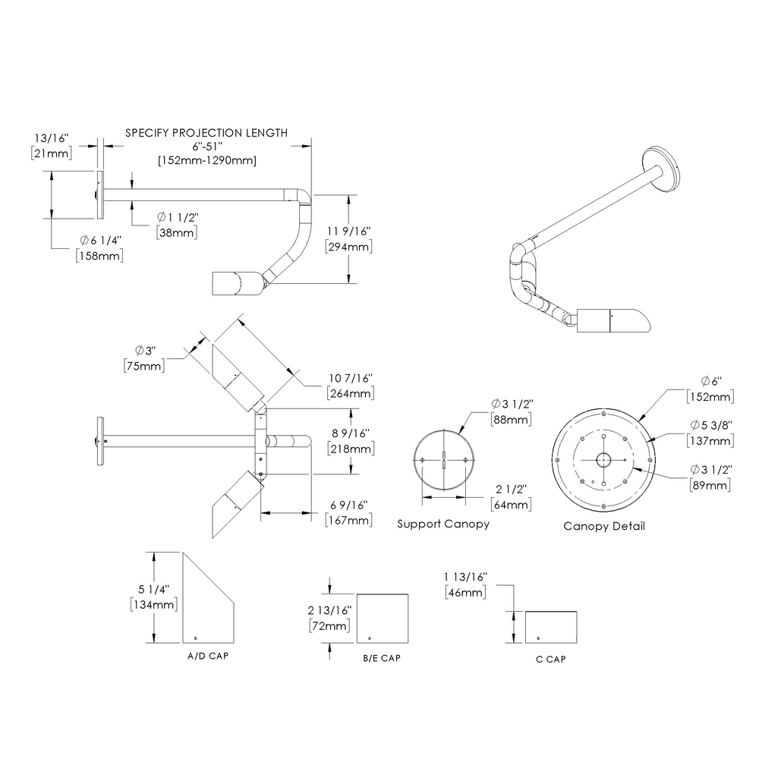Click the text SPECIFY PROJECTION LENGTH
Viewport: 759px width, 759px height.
pyautogui.click(x=206, y=133)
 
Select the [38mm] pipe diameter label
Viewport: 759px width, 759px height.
pyautogui.click(x=176, y=233)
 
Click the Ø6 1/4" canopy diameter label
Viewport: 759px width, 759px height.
pyautogui.click(x=99, y=241)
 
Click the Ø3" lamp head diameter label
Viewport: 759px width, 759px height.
pyautogui.click(x=144, y=351)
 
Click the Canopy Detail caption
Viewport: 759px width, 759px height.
pyautogui.click(x=604, y=525)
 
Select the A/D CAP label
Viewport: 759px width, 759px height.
pyautogui.click(x=207, y=654)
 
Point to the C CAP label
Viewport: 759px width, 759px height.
pyautogui.click(x=550, y=659)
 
